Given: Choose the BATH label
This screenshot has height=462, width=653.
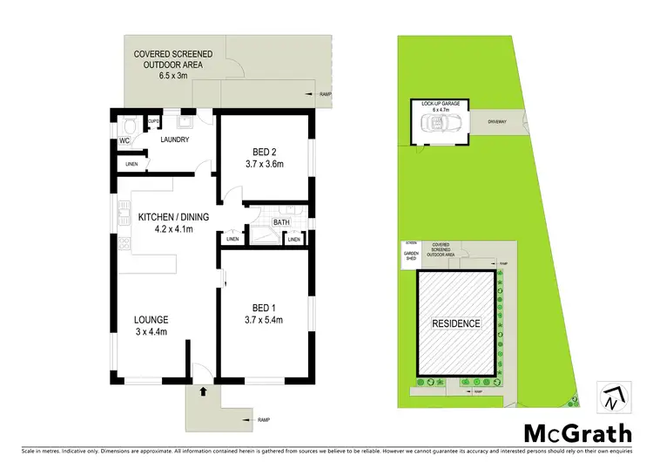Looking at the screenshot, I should pyautogui.click(x=280, y=222).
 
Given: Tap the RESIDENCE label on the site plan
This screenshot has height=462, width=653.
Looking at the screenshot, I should pyautogui.click(x=457, y=323).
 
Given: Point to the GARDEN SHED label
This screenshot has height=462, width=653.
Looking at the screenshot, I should pyautogui.click(x=411, y=255).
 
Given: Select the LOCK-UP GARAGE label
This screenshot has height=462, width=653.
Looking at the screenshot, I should pyautogui.click(x=441, y=104).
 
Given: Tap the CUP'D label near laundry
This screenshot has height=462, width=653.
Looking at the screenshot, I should pyautogui.click(x=153, y=121).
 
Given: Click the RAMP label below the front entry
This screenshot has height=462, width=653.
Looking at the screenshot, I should pyautogui.click(x=265, y=421).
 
